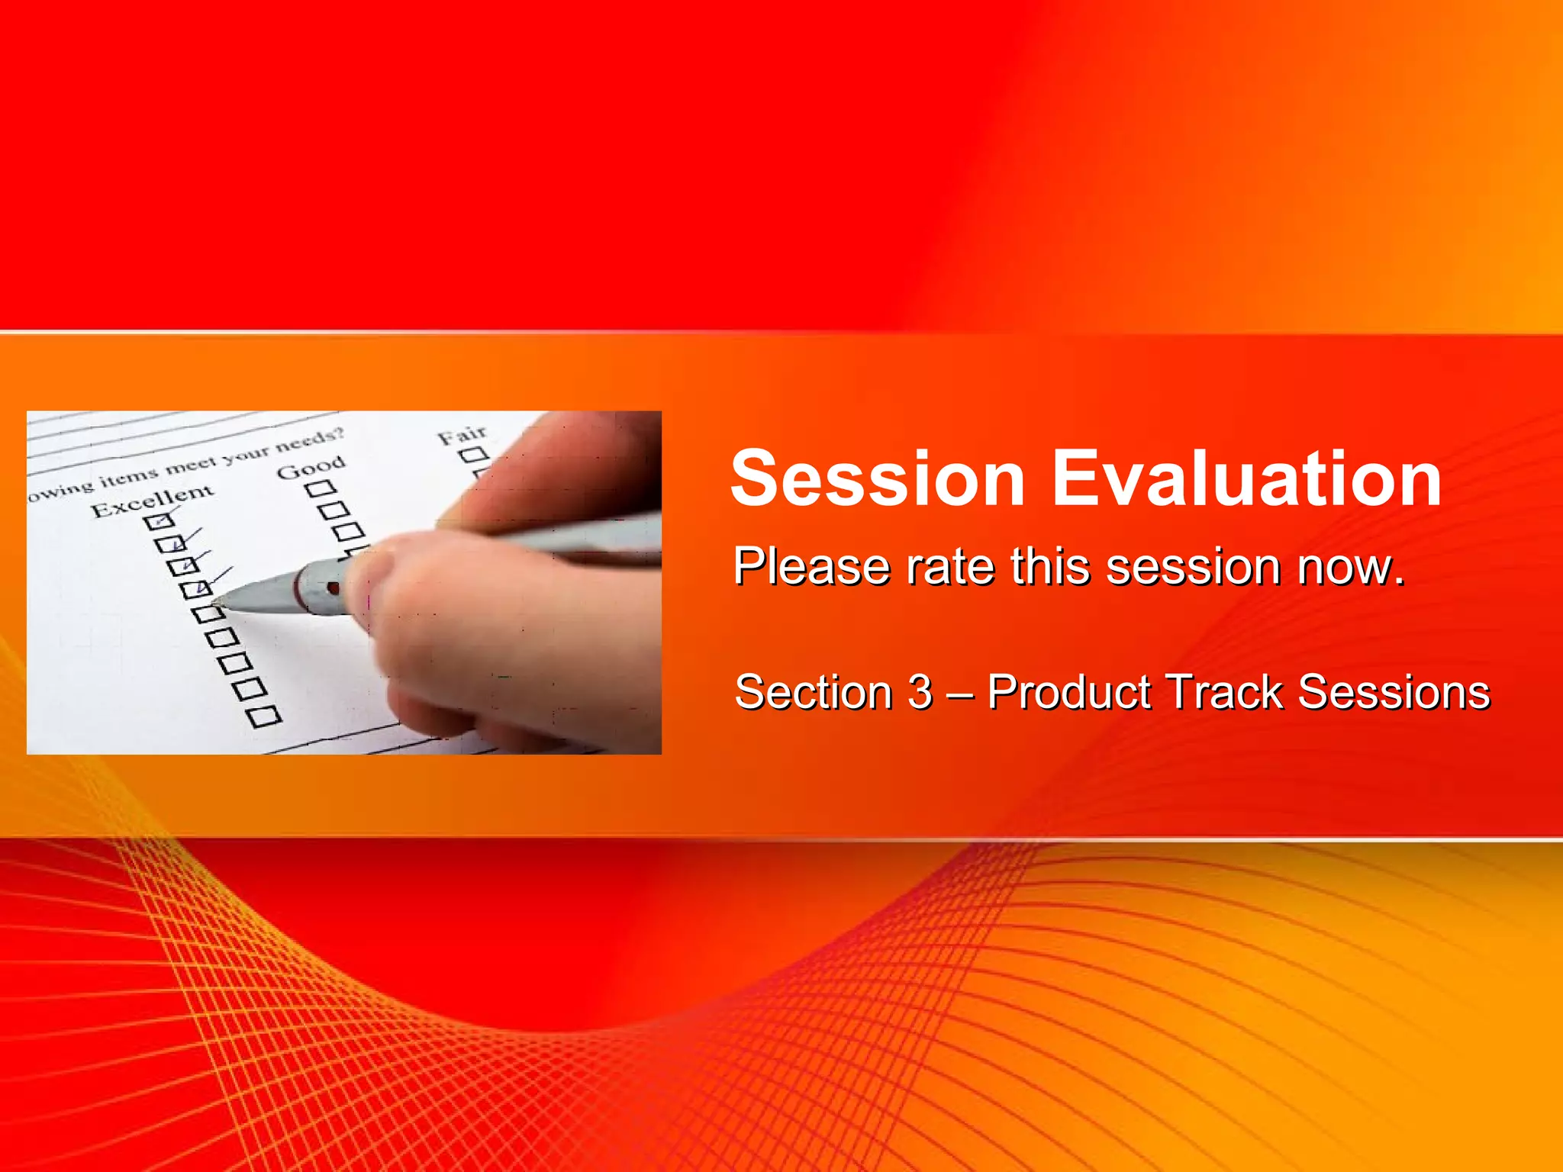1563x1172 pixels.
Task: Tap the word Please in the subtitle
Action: click(x=811, y=567)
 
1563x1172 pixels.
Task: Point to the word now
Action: click(x=1351, y=567)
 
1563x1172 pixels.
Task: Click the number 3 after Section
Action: click(x=920, y=693)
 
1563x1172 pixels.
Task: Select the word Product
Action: click(x=1068, y=693)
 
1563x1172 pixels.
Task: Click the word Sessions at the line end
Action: click(x=1394, y=693)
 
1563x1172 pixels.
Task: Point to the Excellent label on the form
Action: click(x=153, y=500)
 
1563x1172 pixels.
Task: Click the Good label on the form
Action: click(x=311, y=466)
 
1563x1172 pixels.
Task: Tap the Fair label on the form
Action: click(x=462, y=436)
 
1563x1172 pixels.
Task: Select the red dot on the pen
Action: click(x=333, y=588)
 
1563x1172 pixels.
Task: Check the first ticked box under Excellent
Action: click(x=159, y=522)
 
